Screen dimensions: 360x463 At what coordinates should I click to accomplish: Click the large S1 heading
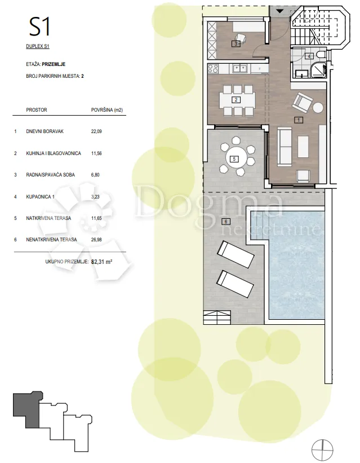(x=39, y=27)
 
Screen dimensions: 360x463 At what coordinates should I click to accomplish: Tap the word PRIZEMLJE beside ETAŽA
(x=54, y=64)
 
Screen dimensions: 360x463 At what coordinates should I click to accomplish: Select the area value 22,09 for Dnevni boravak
(x=96, y=131)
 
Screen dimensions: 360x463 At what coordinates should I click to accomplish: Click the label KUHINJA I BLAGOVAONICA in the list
(x=54, y=153)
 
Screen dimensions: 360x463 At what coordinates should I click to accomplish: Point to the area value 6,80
(x=95, y=175)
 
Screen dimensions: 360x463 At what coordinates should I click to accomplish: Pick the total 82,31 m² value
(x=102, y=262)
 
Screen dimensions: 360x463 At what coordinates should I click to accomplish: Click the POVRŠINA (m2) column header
(x=107, y=110)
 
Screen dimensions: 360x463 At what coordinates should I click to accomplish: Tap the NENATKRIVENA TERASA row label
(x=51, y=240)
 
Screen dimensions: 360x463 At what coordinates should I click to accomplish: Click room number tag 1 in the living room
(x=299, y=120)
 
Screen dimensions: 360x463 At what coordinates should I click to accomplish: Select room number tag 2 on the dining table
(x=236, y=100)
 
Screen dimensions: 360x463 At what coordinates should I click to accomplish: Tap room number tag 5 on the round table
(x=234, y=159)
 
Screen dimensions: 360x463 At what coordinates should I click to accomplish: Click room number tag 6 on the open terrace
(x=226, y=222)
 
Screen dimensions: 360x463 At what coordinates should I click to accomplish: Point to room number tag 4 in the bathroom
(x=309, y=56)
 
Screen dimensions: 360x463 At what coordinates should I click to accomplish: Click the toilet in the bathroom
(x=321, y=55)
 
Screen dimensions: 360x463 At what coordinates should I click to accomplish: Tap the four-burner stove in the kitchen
(x=213, y=69)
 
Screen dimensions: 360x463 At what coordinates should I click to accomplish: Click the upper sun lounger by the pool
(x=235, y=254)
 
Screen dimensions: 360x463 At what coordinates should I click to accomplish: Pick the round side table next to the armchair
(x=318, y=107)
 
